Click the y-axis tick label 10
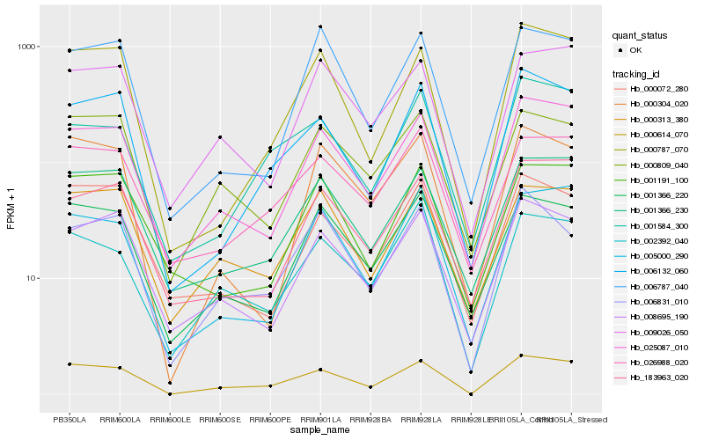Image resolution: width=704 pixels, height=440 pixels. click(x=31, y=278)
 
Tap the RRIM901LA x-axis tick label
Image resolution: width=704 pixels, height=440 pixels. click(x=320, y=419)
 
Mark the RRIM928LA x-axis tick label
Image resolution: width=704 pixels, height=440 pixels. click(x=421, y=419)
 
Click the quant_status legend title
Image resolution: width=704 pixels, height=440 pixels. click(x=640, y=35)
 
